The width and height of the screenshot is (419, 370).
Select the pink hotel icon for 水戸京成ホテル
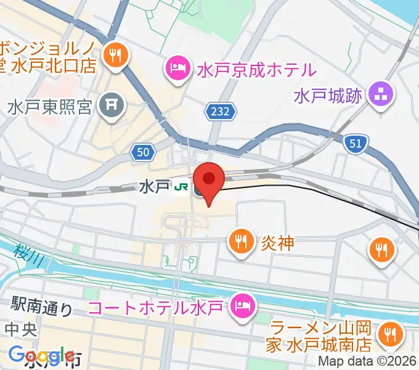[177, 67]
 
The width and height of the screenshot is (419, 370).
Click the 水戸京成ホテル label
[256, 68]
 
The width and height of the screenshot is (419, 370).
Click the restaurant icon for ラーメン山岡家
[390, 334]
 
